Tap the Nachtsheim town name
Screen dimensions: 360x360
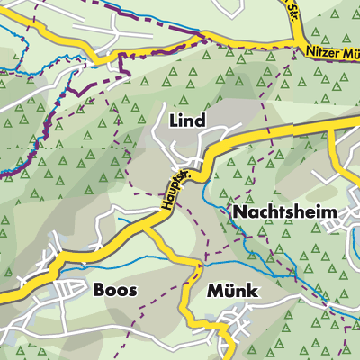tap(284, 212)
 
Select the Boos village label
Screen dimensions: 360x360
tap(115, 291)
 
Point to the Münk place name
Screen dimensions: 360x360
tap(232, 292)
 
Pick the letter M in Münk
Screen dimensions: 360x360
tap(214, 292)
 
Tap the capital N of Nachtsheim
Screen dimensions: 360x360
tap(239, 212)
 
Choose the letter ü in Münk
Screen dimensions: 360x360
tap(228, 292)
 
